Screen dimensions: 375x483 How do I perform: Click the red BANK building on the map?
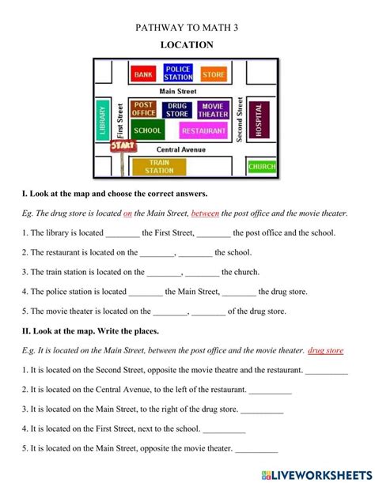[x=143, y=74]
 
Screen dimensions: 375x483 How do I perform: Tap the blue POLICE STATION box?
[x=178, y=73]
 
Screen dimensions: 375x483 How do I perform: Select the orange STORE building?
[x=213, y=74]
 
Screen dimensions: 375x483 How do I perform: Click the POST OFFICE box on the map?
[x=143, y=109]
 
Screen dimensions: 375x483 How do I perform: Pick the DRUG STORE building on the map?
[x=177, y=110]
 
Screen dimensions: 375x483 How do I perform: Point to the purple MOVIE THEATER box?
[x=213, y=110]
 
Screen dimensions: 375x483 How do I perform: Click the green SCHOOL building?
[x=147, y=130]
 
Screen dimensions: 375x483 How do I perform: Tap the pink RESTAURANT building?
[x=203, y=131]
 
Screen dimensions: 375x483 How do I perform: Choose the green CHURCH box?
[x=262, y=167]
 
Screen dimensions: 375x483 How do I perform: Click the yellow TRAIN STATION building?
[x=159, y=166]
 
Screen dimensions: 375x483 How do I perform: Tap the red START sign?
[x=123, y=146]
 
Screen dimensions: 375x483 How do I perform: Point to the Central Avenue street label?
[x=181, y=149]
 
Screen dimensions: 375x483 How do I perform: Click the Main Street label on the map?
[x=178, y=92]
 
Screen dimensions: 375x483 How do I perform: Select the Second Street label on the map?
[x=239, y=122]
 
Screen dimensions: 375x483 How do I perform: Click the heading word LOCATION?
[x=187, y=45]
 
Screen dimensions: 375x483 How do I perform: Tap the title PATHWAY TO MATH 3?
[x=187, y=27]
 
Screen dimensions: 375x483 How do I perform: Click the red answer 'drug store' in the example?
[x=325, y=350]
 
